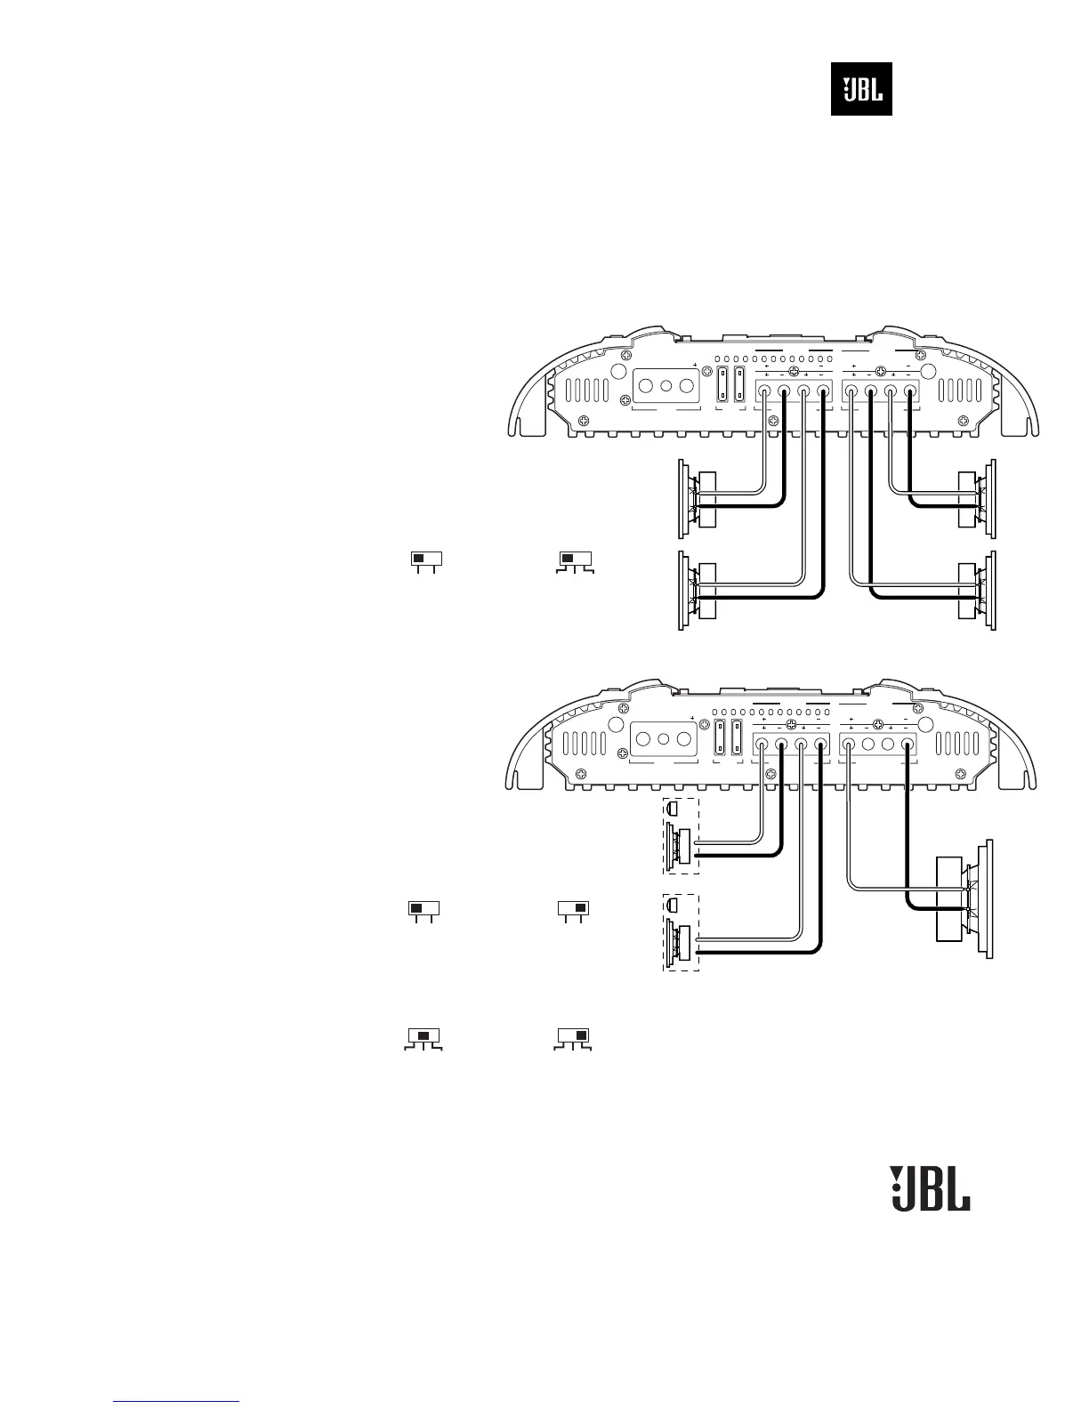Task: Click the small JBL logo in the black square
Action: pyautogui.click(x=861, y=89)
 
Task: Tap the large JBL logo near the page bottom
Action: pyautogui.click(x=931, y=1188)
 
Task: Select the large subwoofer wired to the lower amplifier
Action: pyautogui.click(x=965, y=898)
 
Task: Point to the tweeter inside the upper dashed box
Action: pyautogui.click(x=673, y=809)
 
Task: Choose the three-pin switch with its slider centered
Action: pyautogui.click(x=423, y=1037)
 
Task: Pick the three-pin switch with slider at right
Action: pyautogui.click(x=574, y=1037)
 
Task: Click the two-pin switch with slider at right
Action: pyautogui.click(x=574, y=909)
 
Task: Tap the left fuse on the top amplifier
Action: pyautogui.click(x=722, y=387)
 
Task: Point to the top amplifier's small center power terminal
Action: pyautogui.click(x=665, y=388)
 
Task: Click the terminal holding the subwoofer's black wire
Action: pyautogui.click(x=907, y=746)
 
